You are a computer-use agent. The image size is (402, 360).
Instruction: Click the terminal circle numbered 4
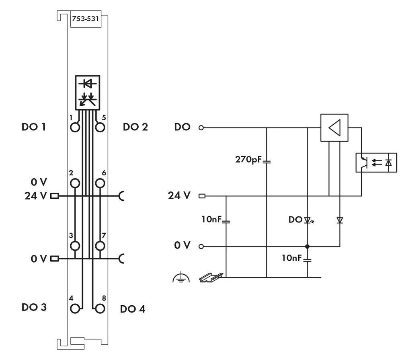[75, 309]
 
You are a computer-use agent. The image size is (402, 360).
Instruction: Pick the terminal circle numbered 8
[100, 309]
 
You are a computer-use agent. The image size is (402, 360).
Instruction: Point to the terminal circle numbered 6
[100, 183]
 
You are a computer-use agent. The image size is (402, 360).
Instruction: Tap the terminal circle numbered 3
[75, 245]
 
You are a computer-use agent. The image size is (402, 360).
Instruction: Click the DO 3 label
[34, 307]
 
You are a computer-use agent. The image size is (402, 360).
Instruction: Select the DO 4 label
[133, 309]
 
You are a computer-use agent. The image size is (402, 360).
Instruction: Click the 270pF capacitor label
[248, 160]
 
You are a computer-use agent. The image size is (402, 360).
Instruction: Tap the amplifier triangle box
[334, 128]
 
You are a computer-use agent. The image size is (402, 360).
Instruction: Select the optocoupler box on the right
[376, 163]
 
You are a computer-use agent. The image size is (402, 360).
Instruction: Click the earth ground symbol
[181, 277]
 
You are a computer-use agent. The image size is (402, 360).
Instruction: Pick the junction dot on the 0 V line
[307, 246]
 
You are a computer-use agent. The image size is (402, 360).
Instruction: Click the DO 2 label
[135, 127]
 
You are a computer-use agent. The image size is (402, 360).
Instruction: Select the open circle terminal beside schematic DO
[201, 128]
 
